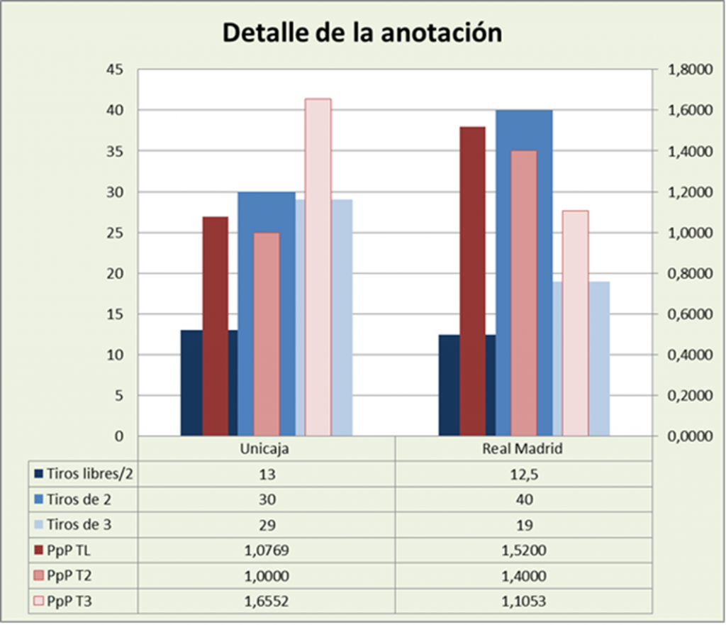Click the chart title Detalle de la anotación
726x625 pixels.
point(362,33)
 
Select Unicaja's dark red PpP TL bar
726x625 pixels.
point(216,326)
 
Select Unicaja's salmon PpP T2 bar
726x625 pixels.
point(267,333)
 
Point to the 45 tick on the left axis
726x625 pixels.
point(114,70)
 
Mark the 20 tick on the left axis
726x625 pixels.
point(114,274)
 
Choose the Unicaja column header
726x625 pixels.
point(266,449)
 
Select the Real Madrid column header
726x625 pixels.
point(523,449)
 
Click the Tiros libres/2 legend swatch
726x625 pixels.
point(38,474)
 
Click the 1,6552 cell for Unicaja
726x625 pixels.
point(266,602)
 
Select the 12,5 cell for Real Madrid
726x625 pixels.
point(523,474)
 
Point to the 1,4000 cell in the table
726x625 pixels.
point(523,577)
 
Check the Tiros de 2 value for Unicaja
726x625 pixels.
point(266,499)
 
